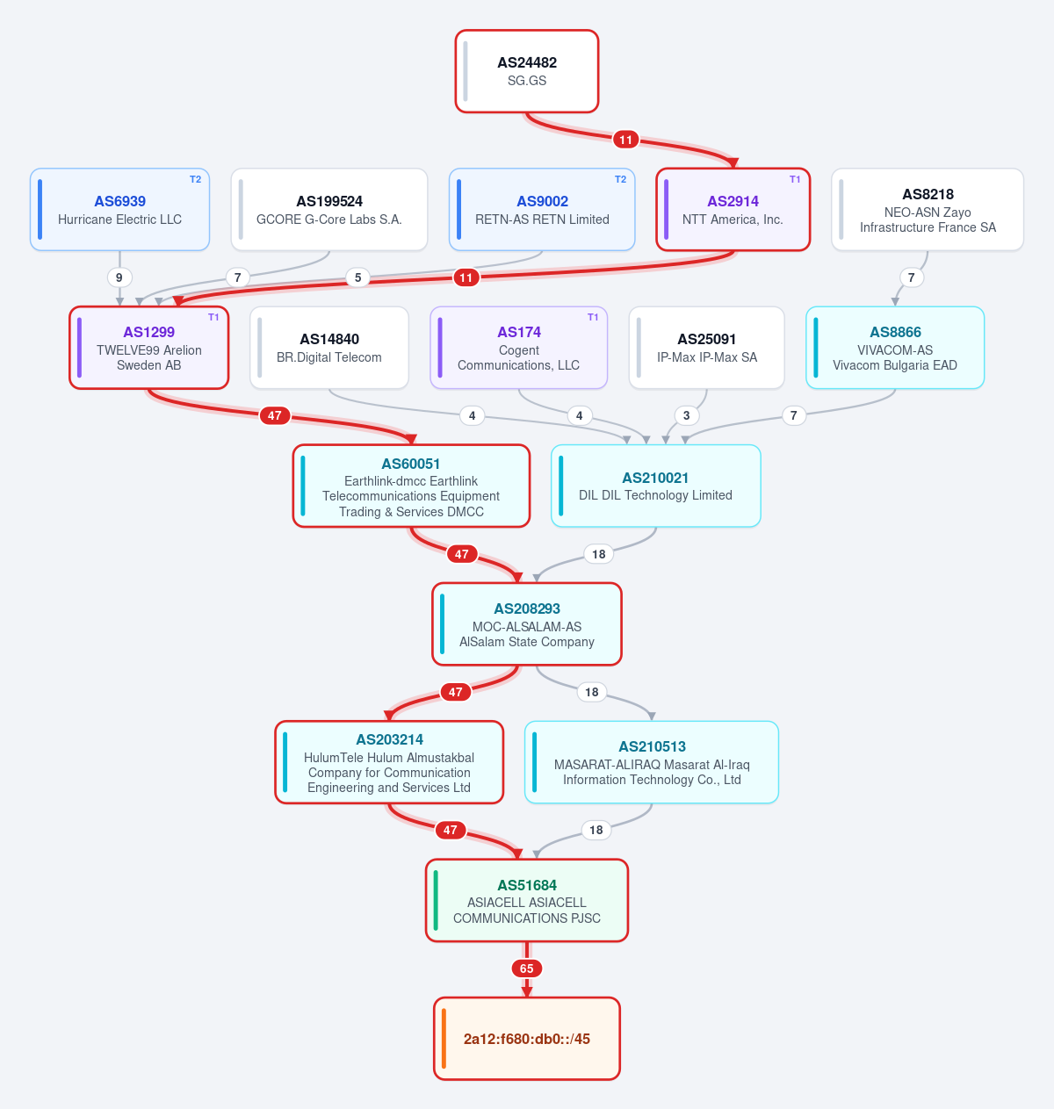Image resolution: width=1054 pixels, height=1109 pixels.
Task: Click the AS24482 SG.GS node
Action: click(x=526, y=71)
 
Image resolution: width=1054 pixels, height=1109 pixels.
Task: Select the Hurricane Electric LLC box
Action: click(x=119, y=209)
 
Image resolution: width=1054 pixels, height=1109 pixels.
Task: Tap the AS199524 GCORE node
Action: click(x=329, y=209)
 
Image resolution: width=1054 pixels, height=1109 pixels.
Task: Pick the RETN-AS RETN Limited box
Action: click(x=542, y=209)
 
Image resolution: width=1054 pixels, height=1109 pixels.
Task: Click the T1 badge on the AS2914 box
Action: click(x=794, y=179)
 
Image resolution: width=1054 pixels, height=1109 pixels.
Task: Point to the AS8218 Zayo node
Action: click(x=927, y=209)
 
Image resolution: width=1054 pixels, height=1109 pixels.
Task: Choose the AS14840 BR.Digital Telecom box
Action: click(x=329, y=348)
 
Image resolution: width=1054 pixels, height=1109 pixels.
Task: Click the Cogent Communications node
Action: click(x=518, y=348)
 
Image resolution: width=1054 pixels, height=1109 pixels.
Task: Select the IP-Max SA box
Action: click(x=706, y=348)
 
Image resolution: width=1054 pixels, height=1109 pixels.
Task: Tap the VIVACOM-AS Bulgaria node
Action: click(x=895, y=348)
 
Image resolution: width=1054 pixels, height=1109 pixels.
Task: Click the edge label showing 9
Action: click(x=119, y=277)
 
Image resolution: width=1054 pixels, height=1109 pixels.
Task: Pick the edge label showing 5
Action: click(x=357, y=277)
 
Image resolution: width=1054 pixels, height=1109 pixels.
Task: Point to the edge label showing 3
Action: click(x=686, y=415)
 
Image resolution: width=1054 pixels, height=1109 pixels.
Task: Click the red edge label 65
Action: click(x=526, y=969)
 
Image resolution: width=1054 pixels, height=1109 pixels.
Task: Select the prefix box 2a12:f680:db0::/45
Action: click(x=526, y=1039)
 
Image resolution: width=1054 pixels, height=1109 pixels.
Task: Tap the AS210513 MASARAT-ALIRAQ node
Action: click(x=651, y=762)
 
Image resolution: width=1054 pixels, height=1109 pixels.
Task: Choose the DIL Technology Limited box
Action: click(x=655, y=486)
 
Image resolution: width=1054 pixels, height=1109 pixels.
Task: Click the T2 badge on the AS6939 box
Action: click(x=195, y=179)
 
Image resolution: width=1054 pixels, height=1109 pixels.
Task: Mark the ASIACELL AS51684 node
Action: click(x=526, y=900)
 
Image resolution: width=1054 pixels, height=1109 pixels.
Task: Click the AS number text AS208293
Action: click(x=526, y=609)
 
